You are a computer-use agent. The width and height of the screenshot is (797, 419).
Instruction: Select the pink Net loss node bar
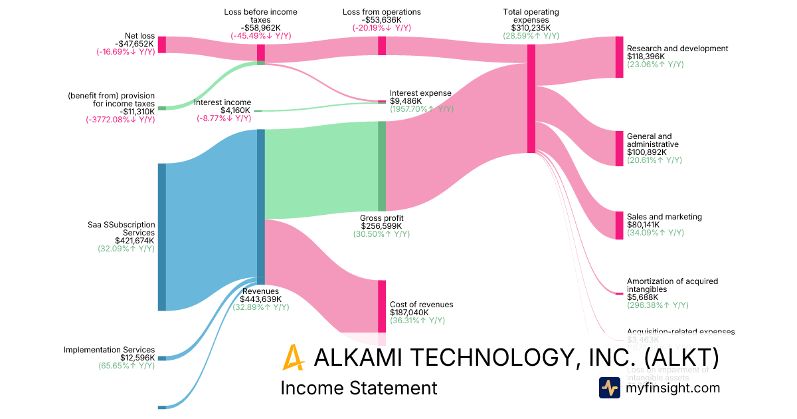point(161,45)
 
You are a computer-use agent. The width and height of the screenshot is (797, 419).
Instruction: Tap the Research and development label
point(677,49)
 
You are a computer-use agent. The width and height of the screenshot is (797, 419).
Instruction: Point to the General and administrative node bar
point(619,148)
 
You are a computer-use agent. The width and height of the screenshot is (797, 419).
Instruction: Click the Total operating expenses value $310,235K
point(531,28)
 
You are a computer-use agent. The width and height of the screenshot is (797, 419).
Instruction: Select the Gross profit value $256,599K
point(381,226)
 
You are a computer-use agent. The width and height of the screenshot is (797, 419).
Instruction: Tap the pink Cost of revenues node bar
point(382,306)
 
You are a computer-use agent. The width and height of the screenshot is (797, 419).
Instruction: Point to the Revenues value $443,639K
point(260,299)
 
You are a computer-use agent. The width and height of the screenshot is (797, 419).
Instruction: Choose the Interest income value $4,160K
point(235,110)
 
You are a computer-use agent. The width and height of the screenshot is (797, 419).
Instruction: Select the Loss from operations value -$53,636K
point(381,20)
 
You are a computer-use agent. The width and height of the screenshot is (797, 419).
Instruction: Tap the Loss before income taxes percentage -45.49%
point(260,36)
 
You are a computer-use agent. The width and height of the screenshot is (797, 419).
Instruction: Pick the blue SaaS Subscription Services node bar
point(161,237)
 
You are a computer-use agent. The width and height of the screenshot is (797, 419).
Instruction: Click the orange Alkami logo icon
point(293,357)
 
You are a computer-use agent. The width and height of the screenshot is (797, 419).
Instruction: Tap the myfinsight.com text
point(673,388)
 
